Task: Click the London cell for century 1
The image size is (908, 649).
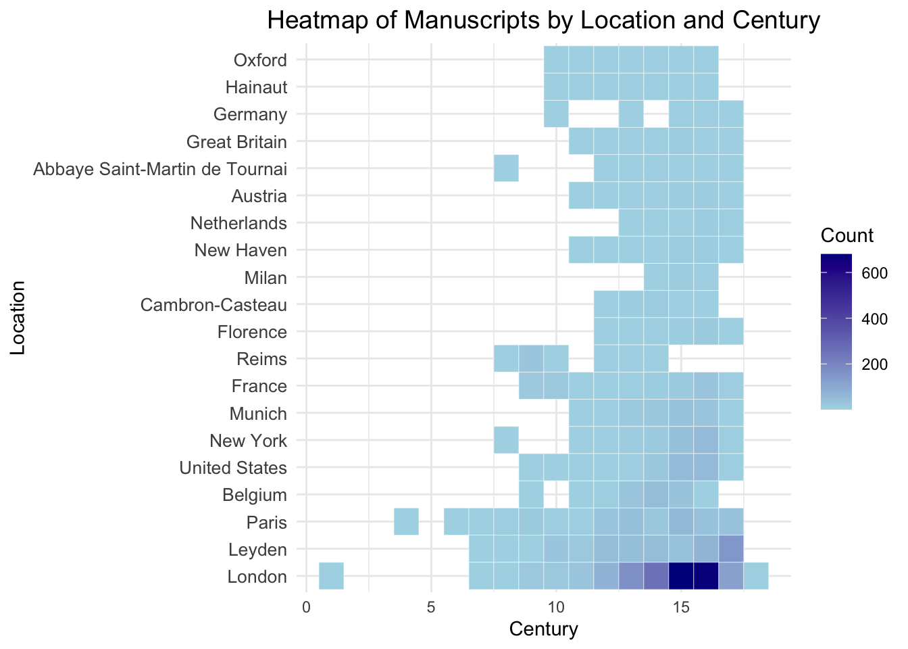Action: click(331, 576)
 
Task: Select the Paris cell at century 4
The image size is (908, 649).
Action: click(406, 522)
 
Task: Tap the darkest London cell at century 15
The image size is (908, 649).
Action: click(681, 576)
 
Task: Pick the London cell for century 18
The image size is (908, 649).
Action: click(756, 576)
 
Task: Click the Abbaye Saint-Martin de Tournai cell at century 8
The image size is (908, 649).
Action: click(506, 168)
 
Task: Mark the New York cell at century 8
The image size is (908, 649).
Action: click(506, 440)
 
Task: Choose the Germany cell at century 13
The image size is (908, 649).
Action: click(631, 114)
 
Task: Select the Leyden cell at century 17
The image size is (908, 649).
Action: click(731, 549)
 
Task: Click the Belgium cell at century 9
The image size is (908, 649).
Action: click(531, 494)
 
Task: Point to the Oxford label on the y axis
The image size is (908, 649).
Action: click(260, 60)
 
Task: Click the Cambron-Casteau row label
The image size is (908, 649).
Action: click(213, 305)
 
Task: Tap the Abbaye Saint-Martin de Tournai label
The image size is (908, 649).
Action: click(160, 168)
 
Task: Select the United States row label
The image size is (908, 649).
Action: click(233, 467)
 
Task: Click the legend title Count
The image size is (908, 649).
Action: click(847, 235)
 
